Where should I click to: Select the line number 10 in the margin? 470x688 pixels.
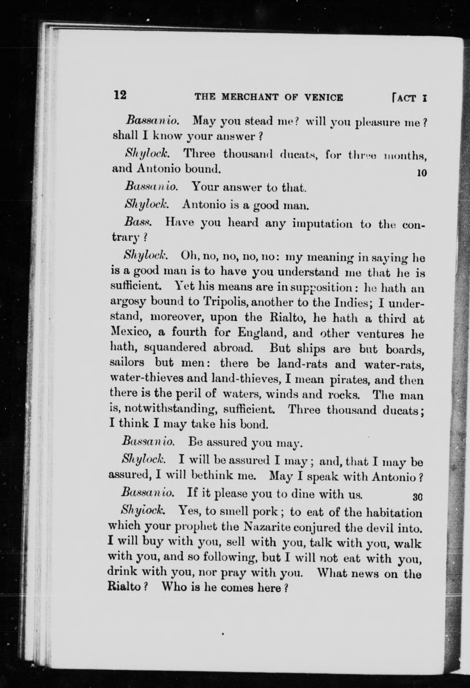click(422, 172)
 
